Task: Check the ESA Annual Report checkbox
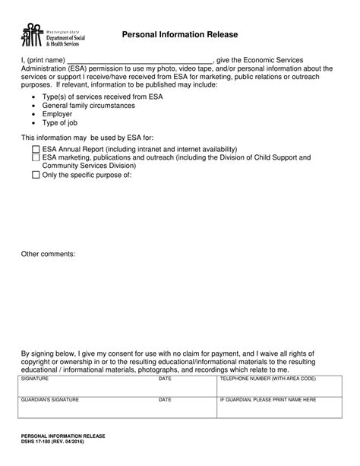pos(36,150)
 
